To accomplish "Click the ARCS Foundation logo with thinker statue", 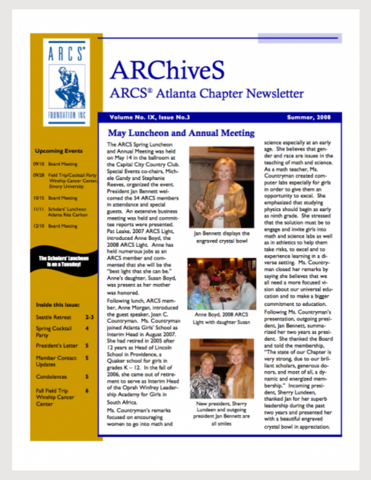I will pos(67,82).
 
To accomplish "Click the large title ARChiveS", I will pos(167,71).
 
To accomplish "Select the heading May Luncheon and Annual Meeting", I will pos(181,133).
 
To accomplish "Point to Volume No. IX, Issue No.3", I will pos(145,118).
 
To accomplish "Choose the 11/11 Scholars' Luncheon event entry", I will pos(59,212).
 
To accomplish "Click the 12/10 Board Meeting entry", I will pos(56,226).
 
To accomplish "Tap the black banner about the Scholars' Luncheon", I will pos(64,261).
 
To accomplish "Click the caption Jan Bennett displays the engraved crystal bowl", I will pos(221,236).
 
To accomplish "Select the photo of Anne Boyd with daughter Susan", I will pos(221,285).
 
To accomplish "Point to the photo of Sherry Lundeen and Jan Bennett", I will pos(221,370).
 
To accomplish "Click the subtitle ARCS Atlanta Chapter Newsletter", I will pos(206,94).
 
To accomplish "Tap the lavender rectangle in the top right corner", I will pos(299,38).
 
